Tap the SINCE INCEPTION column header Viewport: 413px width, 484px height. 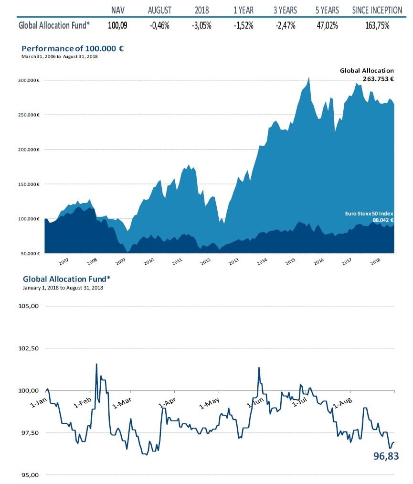pyautogui.click(x=377, y=10)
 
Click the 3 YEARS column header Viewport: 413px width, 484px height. pyautogui.click(x=285, y=10)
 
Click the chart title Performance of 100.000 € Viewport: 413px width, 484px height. pyautogui.click(x=73, y=49)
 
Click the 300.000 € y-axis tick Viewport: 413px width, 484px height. pyautogui.click(x=29, y=80)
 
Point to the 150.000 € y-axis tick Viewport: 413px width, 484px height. pyautogui.click(x=29, y=184)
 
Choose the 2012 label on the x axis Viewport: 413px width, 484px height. pyautogui.click(x=205, y=262)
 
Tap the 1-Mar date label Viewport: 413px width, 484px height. pyautogui.click(x=122, y=404)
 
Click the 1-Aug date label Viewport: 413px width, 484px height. pyautogui.click(x=342, y=404)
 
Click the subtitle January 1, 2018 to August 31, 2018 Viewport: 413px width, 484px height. pyautogui.click(x=63, y=288)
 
